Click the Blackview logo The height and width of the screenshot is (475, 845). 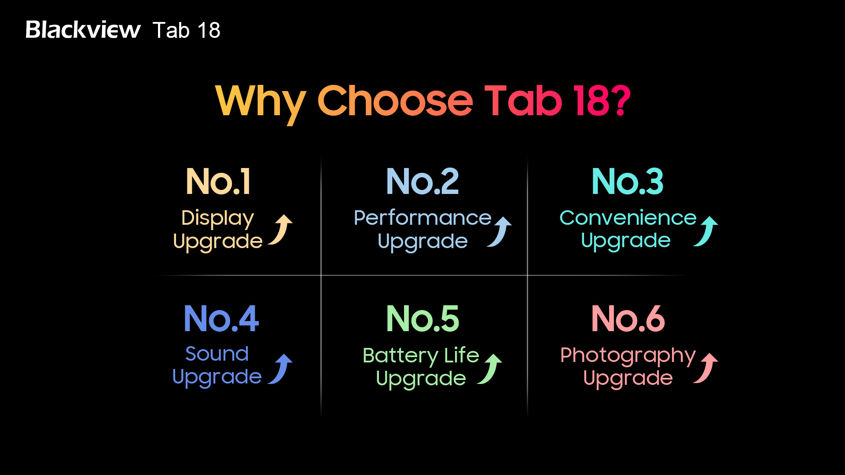pyautogui.click(x=83, y=30)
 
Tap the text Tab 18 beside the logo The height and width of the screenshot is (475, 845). pyautogui.click(x=187, y=30)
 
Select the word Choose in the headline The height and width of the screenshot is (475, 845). pyautogui.click(x=395, y=101)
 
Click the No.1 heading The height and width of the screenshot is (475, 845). pyautogui.click(x=218, y=181)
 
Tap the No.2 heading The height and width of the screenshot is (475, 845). pyautogui.click(x=422, y=181)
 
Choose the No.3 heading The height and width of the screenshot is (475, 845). pyautogui.click(x=628, y=181)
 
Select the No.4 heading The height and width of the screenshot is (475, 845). pyautogui.click(x=221, y=318)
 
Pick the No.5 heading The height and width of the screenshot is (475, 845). pyautogui.click(x=422, y=318)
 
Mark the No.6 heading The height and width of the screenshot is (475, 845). pyautogui.click(x=628, y=318)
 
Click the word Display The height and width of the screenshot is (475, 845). pyautogui.click(x=218, y=219)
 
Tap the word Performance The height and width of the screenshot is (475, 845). pyautogui.click(x=422, y=218)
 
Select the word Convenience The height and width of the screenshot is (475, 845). pyautogui.click(x=628, y=218)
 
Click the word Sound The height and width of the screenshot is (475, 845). pyautogui.click(x=217, y=354)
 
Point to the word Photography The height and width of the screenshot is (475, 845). pyautogui.click(x=628, y=356)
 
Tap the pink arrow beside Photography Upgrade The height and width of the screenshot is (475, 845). pyautogui.click(x=708, y=369)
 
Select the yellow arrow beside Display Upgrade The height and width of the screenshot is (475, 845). pyautogui.click(x=283, y=230)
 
